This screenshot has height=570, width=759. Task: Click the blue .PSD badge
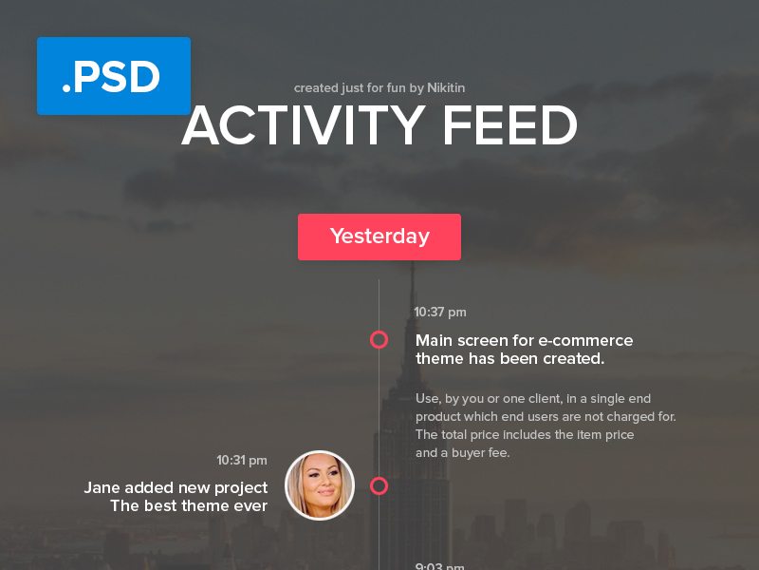click(x=113, y=77)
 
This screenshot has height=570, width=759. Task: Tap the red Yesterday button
click(x=379, y=237)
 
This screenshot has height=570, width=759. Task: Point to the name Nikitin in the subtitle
click(x=446, y=88)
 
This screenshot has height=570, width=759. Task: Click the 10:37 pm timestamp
click(x=440, y=312)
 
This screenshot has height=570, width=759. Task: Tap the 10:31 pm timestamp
click(x=242, y=461)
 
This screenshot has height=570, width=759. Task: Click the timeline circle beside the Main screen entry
click(x=379, y=339)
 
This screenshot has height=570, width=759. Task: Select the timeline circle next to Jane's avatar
click(x=379, y=486)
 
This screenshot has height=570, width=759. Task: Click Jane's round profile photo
click(x=320, y=485)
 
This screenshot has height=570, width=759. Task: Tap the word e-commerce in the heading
click(x=585, y=340)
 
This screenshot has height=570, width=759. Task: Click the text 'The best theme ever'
click(x=189, y=506)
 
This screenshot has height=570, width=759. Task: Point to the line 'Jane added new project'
click(x=176, y=488)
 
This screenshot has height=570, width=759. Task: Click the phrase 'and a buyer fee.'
click(x=463, y=453)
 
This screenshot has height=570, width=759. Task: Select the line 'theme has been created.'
click(x=509, y=359)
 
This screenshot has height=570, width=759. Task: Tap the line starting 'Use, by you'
click(x=533, y=399)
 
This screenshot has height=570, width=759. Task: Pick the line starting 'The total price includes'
click(x=525, y=435)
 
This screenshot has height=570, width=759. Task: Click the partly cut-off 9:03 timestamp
click(x=439, y=566)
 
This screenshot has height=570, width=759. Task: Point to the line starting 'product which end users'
click(x=546, y=417)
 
